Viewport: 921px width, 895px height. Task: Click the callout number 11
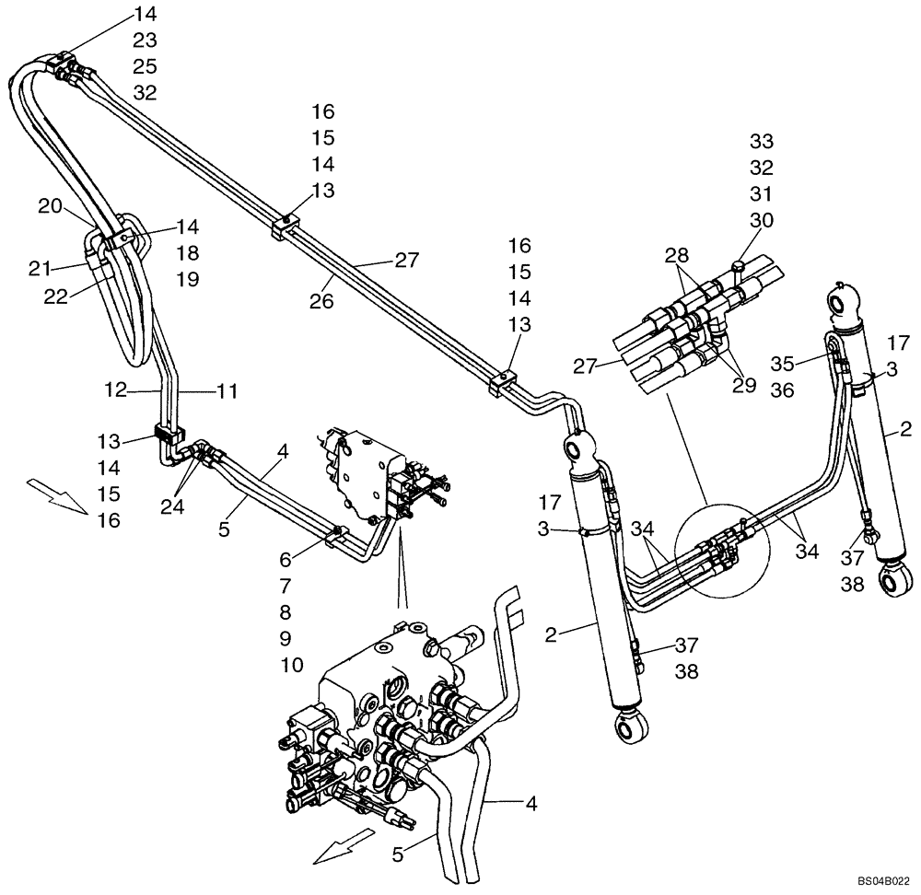coord(226,391)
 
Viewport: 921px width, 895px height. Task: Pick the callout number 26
coord(321,301)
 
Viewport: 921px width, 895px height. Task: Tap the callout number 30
coord(761,220)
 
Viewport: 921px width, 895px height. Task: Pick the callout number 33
coord(761,141)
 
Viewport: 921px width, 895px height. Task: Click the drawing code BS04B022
coord(885,880)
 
